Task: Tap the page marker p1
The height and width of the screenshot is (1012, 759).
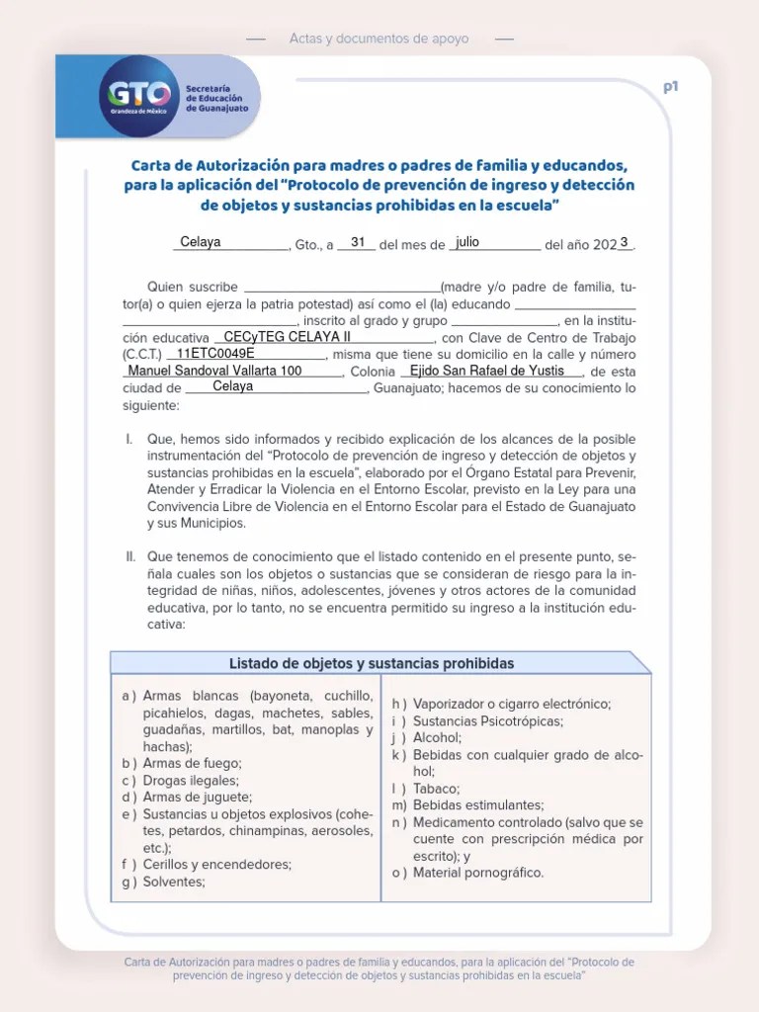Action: coord(671,87)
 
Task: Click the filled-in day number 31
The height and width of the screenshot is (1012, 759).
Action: coord(358,242)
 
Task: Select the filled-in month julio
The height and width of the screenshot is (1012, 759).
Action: coord(467,242)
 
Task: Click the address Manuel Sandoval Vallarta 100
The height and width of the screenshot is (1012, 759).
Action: coord(214,371)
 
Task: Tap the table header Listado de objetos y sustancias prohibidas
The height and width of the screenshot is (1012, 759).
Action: coord(372,663)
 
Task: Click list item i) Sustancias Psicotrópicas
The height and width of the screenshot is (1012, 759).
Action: coord(478,720)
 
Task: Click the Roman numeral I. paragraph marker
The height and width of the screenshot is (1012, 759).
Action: coord(129,439)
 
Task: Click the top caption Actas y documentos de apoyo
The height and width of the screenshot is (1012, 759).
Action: coord(379,39)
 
